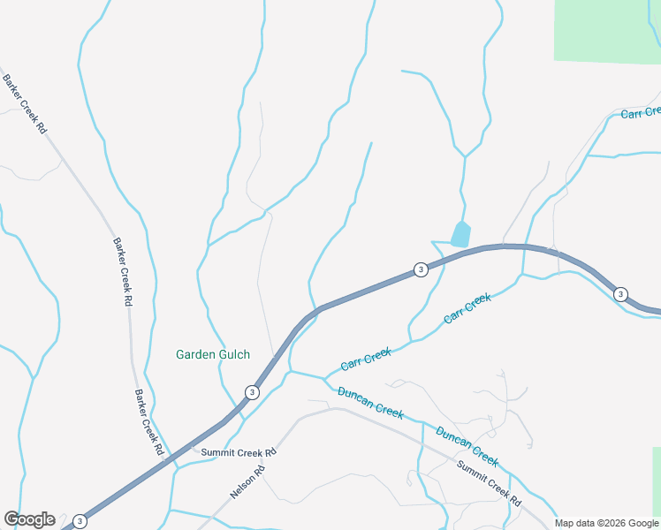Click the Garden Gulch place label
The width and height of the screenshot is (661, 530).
click(x=212, y=354)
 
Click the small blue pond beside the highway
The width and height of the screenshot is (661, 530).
click(x=460, y=234)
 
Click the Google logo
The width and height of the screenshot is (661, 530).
click(x=29, y=519)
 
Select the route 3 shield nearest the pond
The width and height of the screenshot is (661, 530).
click(x=421, y=269)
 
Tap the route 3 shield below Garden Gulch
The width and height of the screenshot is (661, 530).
click(x=253, y=392)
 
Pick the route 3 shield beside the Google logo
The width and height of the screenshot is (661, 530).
click(x=80, y=520)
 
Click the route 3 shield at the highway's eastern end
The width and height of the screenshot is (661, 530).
click(x=621, y=294)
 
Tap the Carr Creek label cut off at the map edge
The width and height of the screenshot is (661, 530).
click(x=641, y=112)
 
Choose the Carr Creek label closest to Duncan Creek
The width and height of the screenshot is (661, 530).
click(x=366, y=359)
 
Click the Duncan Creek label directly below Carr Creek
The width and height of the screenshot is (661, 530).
click(x=370, y=400)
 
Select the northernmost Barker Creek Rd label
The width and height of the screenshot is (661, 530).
click(x=25, y=103)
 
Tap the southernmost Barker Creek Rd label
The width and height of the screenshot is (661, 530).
click(x=149, y=422)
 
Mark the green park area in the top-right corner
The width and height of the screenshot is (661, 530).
click(x=608, y=31)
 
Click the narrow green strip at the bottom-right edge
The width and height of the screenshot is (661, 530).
click(x=657, y=481)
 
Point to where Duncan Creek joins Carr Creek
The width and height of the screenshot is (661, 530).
click(x=324, y=377)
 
